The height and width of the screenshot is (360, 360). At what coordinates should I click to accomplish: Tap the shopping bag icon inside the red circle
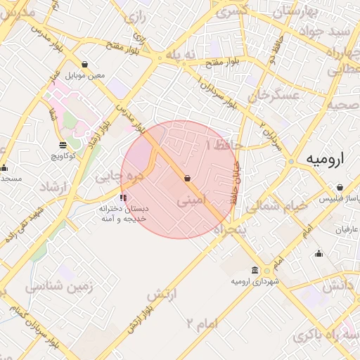click(187, 179)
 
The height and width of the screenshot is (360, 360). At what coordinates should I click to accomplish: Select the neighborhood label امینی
click(192, 200)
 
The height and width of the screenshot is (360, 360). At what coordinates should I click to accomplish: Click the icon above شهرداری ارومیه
click(255, 270)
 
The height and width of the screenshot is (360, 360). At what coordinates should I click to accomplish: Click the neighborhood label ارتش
click(162, 292)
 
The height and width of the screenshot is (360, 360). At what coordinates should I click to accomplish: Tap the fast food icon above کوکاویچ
click(63, 144)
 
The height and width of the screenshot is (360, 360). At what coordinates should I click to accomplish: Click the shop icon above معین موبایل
click(85, 65)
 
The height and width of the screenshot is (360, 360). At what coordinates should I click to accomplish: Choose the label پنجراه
click(229, 229)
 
